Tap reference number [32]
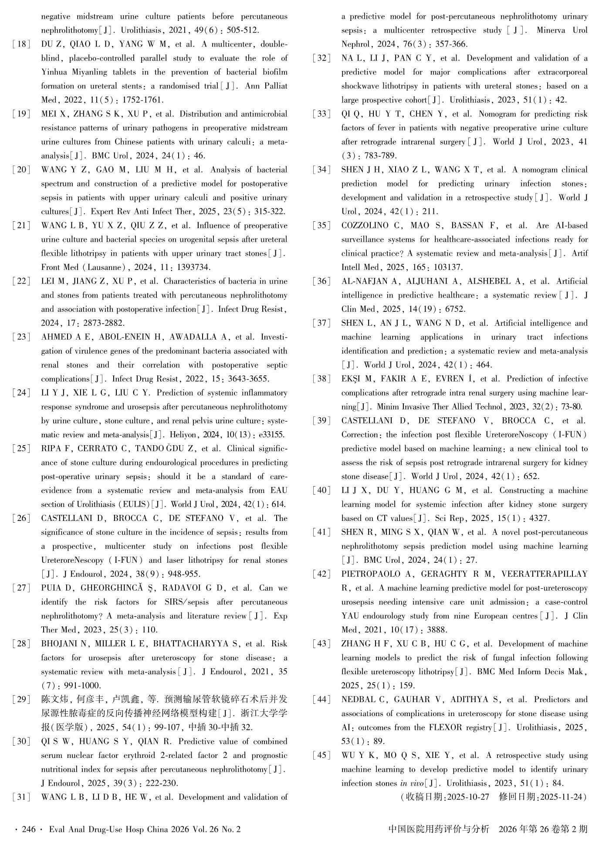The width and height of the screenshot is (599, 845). (x=321, y=58)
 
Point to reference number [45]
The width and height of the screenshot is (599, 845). (x=321, y=755)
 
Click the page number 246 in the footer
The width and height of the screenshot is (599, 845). (x=28, y=829)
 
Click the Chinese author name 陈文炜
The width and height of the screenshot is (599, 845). (x=54, y=700)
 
